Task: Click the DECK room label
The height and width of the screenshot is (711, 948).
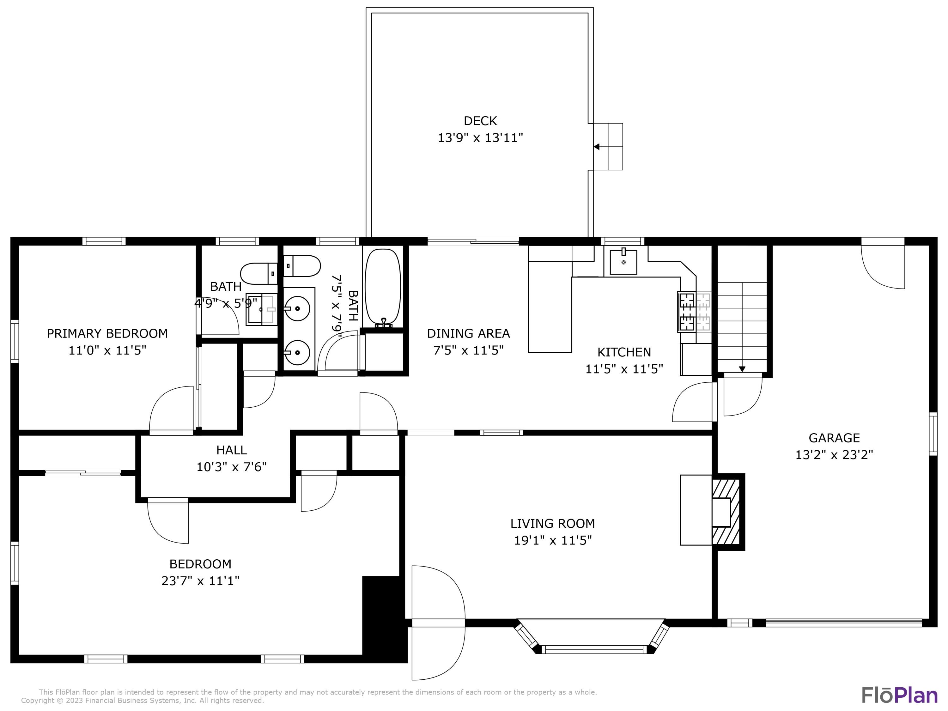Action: pos(480,121)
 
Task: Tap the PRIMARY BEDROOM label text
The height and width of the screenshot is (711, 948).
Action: pos(107,333)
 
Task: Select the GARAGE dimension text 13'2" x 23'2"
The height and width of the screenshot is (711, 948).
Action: pos(834,455)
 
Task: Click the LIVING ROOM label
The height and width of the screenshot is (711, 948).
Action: pos(552,523)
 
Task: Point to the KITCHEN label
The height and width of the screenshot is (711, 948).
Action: pos(624,352)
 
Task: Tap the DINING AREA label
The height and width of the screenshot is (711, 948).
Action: pos(468,333)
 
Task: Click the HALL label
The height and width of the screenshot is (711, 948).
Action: pos(231,450)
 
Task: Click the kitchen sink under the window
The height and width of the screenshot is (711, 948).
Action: pos(623,261)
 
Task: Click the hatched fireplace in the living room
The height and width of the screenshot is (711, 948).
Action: pos(726,512)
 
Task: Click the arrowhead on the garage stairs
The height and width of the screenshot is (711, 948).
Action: pos(742,369)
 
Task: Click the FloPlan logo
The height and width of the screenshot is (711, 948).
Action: pos(900,696)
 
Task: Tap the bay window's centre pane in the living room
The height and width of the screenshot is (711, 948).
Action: pos(594,650)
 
